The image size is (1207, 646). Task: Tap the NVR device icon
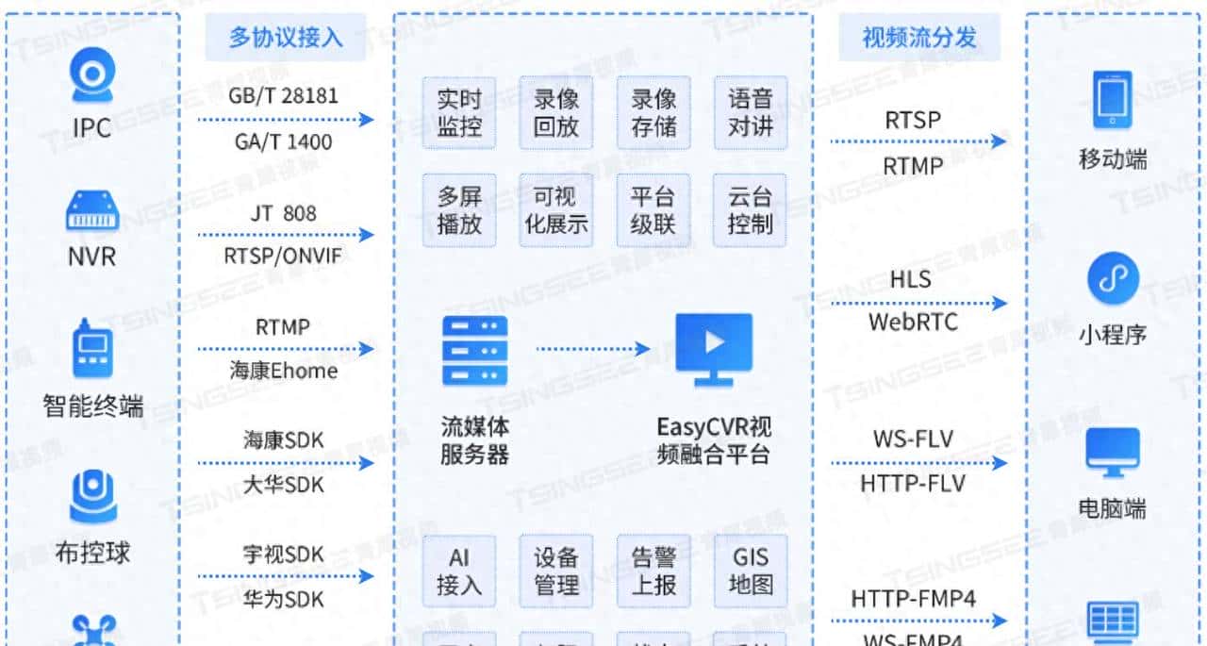click(92, 210)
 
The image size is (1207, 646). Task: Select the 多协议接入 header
click(286, 38)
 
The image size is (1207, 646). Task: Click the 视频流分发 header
click(919, 38)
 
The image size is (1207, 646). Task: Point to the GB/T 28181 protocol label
click(283, 95)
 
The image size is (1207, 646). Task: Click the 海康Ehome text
click(283, 371)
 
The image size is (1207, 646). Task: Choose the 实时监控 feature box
click(459, 113)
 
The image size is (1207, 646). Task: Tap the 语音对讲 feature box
click(750, 113)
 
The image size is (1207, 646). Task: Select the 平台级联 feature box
click(653, 210)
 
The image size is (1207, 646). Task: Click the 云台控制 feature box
click(750, 210)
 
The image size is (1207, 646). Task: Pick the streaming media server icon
click(474, 350)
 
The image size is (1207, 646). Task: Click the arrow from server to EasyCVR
click(594, 349)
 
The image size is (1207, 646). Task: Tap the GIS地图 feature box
click(750, 571)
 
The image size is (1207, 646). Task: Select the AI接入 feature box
click(459, 571)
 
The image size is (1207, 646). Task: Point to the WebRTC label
click(912, 322)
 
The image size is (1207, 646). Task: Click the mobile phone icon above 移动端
click(1112, 99)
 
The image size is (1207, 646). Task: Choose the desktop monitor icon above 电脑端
click(1113, 453)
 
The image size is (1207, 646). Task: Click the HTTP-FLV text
click(912, 484)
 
